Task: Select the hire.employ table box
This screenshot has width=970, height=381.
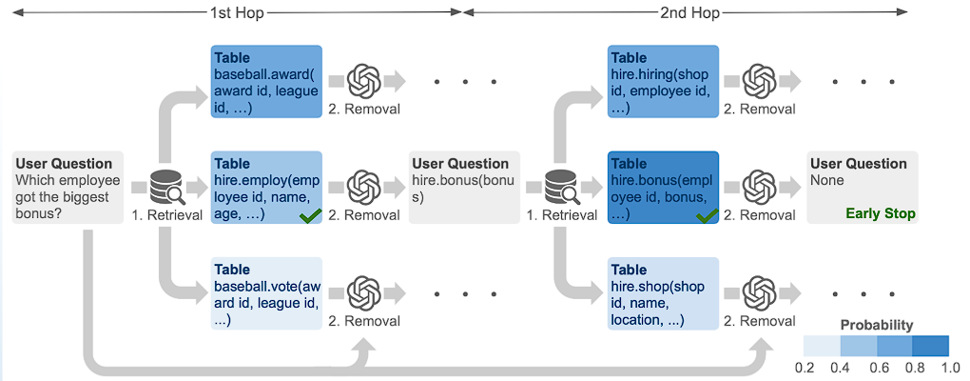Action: pos(266,188)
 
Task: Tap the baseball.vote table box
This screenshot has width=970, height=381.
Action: pos(266,293)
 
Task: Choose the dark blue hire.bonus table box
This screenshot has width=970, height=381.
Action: pos(663,188)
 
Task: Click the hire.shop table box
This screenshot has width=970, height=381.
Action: pos(663,293)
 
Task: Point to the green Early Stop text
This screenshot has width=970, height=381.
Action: pos(881,213)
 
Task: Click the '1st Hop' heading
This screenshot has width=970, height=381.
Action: pos(236,12)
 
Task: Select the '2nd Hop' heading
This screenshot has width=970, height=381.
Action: pos(690,12)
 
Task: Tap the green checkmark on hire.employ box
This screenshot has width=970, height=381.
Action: pos(309,216)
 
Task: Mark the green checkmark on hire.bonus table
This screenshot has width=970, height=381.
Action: pos(706,216)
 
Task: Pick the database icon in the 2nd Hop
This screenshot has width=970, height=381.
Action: pos(561,188)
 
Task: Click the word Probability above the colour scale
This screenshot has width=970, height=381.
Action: pos(876,325)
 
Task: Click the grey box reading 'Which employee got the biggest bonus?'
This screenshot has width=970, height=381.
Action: pos(68,188)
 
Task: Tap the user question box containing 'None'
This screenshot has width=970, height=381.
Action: pos(863,188)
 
